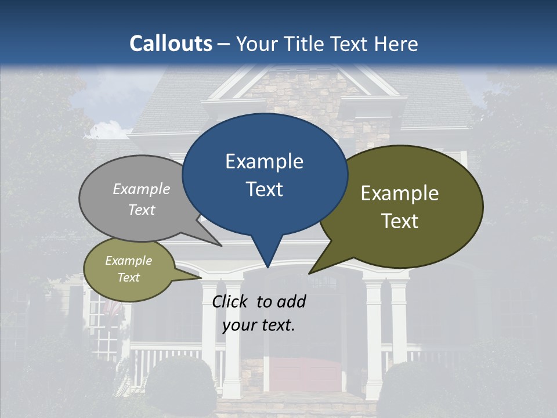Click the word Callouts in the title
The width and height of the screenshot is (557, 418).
[x=171, y=44]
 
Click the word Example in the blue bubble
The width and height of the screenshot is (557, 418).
[x=264, y=161]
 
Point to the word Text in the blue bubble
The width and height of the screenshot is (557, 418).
[x=264, y=189]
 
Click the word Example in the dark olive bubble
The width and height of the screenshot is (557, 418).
[x=400, y=193]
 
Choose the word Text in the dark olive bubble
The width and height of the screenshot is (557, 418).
[x=400, y=221]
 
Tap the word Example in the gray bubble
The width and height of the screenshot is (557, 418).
[x=142, y=189]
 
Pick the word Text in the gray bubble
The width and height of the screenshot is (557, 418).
[x=142, y=210]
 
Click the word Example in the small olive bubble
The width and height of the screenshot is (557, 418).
[x=129, y=261]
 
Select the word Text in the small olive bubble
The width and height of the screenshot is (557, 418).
[x=129, y=278]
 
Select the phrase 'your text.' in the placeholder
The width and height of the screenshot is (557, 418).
[x=259, y=325]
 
